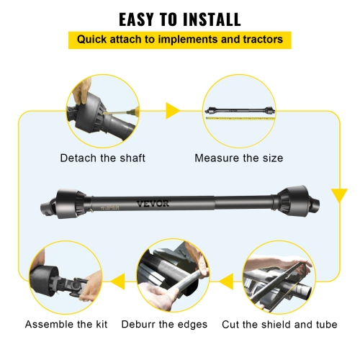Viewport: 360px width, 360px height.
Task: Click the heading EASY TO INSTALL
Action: tap(179, 19)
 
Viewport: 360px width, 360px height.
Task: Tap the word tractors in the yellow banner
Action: tap(261, 39)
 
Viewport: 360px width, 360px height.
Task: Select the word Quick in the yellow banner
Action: tap(94, 39)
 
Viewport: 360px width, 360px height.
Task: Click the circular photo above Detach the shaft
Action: tap(102, 111)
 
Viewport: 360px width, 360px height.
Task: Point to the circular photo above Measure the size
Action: tap(238, 111)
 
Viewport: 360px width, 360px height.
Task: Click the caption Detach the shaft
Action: tap(102, 158)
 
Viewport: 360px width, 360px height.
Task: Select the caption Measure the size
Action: tap(239, 158)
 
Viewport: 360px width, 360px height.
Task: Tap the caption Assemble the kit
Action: tap(66, 325)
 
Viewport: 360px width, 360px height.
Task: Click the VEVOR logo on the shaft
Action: tap(153, 204)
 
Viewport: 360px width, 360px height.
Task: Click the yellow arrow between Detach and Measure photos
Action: tap(173, 110)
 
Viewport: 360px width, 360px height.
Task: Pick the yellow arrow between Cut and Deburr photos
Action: tap(225, 278)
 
